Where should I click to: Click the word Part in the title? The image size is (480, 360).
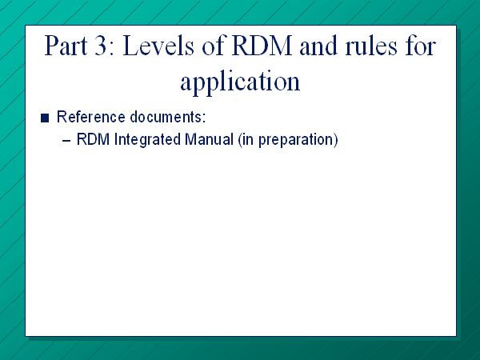point(66,46)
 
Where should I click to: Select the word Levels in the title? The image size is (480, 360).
point(158,46)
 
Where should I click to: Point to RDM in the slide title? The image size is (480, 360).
point(262,46)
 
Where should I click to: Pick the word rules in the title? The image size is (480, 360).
point(371,46)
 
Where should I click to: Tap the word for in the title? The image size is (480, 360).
point(421,46)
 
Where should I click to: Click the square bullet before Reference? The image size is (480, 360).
point(45,118)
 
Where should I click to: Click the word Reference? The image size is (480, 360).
point(91,117)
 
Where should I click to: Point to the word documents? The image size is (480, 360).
point(166,117)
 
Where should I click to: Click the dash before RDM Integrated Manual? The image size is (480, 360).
point(66,141)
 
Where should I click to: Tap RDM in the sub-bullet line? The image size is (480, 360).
point(93,139)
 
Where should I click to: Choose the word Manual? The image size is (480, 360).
point(210,139)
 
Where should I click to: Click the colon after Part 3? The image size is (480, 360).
point(111,49)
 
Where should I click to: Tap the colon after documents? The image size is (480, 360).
point(204,118)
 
